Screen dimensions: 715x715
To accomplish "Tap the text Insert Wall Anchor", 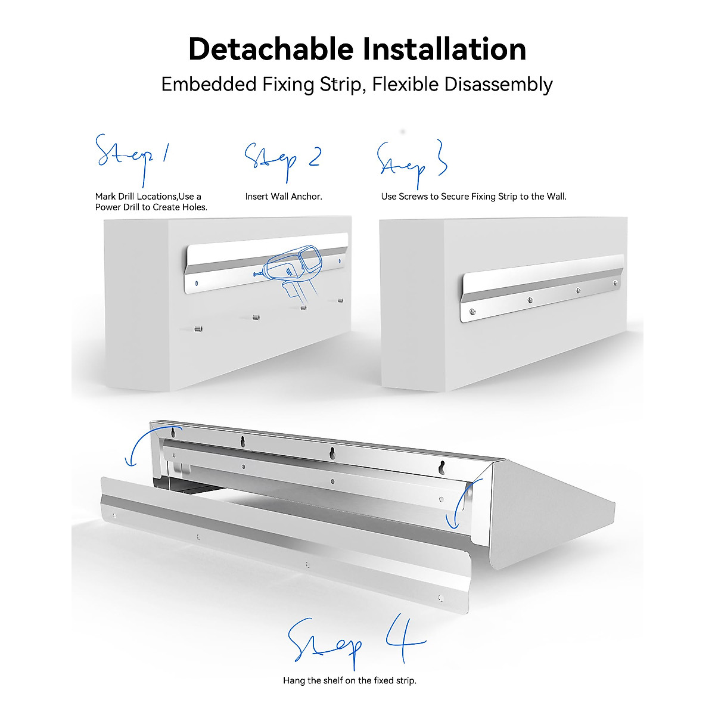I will tap(284, 197).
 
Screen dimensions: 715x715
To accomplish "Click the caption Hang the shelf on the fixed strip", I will tap(350, 680).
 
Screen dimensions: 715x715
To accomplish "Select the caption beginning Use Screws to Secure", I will tap(474, 197).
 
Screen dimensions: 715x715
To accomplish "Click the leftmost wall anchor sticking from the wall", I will tap(198, 328).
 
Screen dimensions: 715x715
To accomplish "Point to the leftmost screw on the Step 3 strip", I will tap(472, 312).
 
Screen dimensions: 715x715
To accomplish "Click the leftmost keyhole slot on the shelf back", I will tap(174, 432).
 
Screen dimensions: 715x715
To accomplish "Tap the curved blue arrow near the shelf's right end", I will tap(458, 503).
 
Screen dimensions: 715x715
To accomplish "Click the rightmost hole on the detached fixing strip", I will tap(440, 598).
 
